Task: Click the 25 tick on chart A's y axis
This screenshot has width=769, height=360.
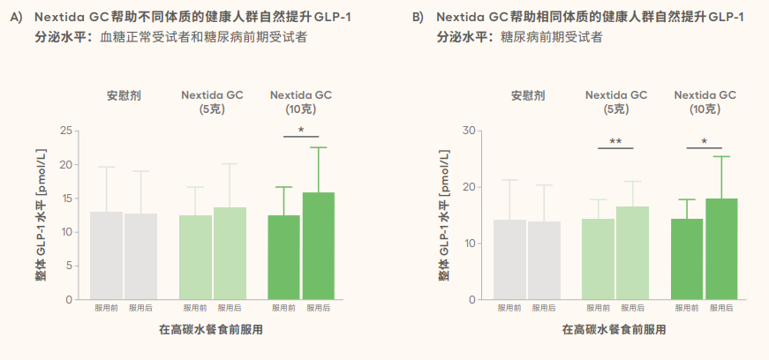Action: coord(65,131)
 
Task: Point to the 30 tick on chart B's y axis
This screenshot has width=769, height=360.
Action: coord(469,131)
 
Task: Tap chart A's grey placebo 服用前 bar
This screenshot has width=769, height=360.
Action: coord(107,255)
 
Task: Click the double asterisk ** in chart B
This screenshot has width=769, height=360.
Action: coord(615,141)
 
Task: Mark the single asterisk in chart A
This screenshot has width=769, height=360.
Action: coord(301,131)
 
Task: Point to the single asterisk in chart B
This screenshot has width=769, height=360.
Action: coord(704,141)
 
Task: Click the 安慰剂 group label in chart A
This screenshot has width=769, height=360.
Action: coord(124,95)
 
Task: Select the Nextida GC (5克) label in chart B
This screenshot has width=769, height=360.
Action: coord(616,102)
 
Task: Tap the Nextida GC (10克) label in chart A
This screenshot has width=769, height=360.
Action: coord(301,102)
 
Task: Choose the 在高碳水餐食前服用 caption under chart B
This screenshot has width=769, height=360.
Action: coord(614,330)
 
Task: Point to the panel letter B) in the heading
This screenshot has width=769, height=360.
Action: coord(418,18)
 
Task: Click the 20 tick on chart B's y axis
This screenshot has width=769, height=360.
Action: coord(469,187)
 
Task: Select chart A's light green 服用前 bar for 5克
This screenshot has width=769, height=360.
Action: coord(195,257)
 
